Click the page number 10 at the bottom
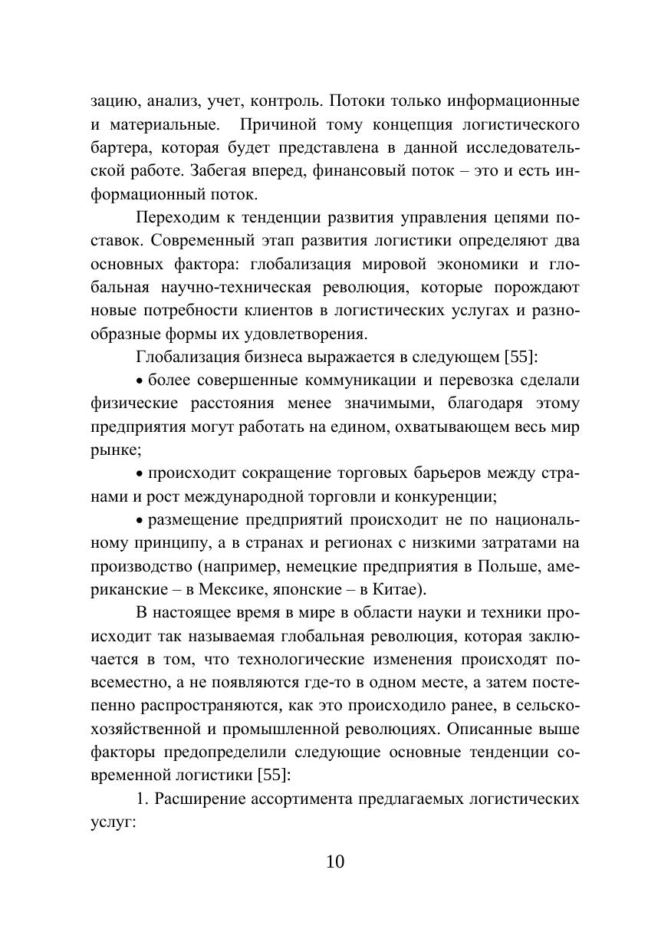335,861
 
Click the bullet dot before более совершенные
140,380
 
